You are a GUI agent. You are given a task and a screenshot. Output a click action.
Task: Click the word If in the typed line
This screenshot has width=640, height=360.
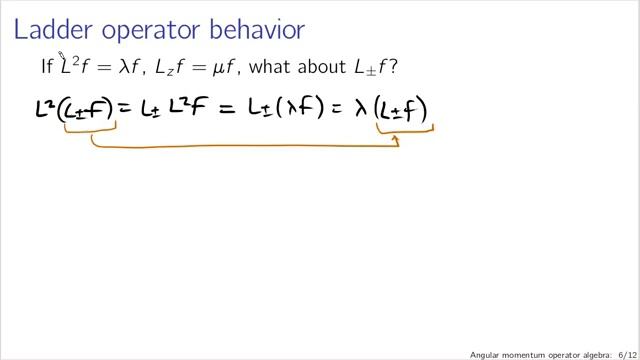46,68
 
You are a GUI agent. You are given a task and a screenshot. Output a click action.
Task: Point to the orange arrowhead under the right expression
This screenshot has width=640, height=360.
397,140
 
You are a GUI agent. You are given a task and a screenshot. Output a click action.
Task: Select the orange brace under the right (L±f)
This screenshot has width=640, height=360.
404,131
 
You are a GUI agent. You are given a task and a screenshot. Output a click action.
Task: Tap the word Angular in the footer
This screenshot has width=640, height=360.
490,354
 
